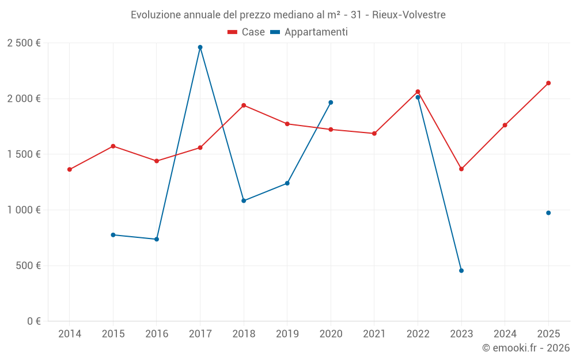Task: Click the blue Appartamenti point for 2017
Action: (x=200, y=47)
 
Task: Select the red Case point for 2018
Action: (x=244, y=105)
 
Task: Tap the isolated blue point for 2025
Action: (x=548, y=213)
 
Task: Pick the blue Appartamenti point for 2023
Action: (x=461, y=271)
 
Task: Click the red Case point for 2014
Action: (x=70, y=169)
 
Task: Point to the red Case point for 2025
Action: (x=548, y=83)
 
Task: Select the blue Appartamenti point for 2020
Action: (x=331, y=103)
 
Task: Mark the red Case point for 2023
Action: (x=461, y=169)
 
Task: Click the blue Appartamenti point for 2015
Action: (x=113, y=235)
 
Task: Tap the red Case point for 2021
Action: (x=374, y=134)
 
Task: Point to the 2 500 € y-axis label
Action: (x=24, y=43)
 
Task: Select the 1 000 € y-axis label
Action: (x=24, y=210)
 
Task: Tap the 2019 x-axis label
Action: (x=287, y=334)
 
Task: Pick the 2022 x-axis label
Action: (x=418, y=334)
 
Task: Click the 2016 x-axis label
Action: (x=156, y=334)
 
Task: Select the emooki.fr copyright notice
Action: (x=525, y=348)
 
